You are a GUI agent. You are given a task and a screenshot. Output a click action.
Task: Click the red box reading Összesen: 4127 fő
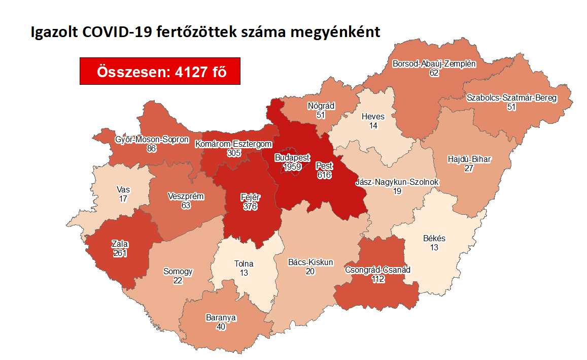click(x=160, y=71)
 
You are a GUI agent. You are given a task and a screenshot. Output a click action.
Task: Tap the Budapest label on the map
click(x=292, y=157)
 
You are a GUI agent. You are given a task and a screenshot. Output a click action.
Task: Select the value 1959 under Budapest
click(x=292, y=166)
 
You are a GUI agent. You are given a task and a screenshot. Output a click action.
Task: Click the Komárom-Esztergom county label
click(x=233, y=144)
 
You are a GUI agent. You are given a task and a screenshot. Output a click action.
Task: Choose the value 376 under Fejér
click(x=249, y=207)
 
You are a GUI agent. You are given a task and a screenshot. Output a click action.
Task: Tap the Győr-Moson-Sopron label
click(x=152, y=139)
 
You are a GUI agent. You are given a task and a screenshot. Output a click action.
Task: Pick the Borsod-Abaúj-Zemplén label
click(x=434, y=64)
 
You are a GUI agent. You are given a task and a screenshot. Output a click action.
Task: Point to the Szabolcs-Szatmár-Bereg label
click(x=512, y=97)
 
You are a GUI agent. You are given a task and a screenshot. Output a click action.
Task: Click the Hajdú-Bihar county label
click(x=469, y=159)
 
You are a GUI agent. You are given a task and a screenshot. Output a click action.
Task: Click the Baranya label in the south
click(x=221, y=318)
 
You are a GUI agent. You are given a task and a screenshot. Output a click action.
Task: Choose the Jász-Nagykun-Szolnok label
click(x=397, y=182)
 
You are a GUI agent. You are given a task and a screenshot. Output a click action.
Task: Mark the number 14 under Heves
click(x=373, y=125)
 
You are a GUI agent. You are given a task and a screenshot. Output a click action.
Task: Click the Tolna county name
click(x=244, y=264)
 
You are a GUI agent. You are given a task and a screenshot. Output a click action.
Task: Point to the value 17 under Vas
click(x=123, y=199)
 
